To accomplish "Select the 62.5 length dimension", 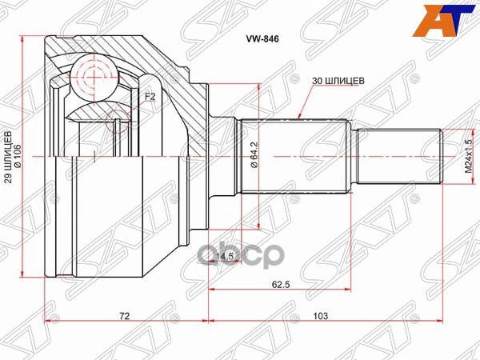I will [x=279, y=282].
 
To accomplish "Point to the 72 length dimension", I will [x=124, y=317].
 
